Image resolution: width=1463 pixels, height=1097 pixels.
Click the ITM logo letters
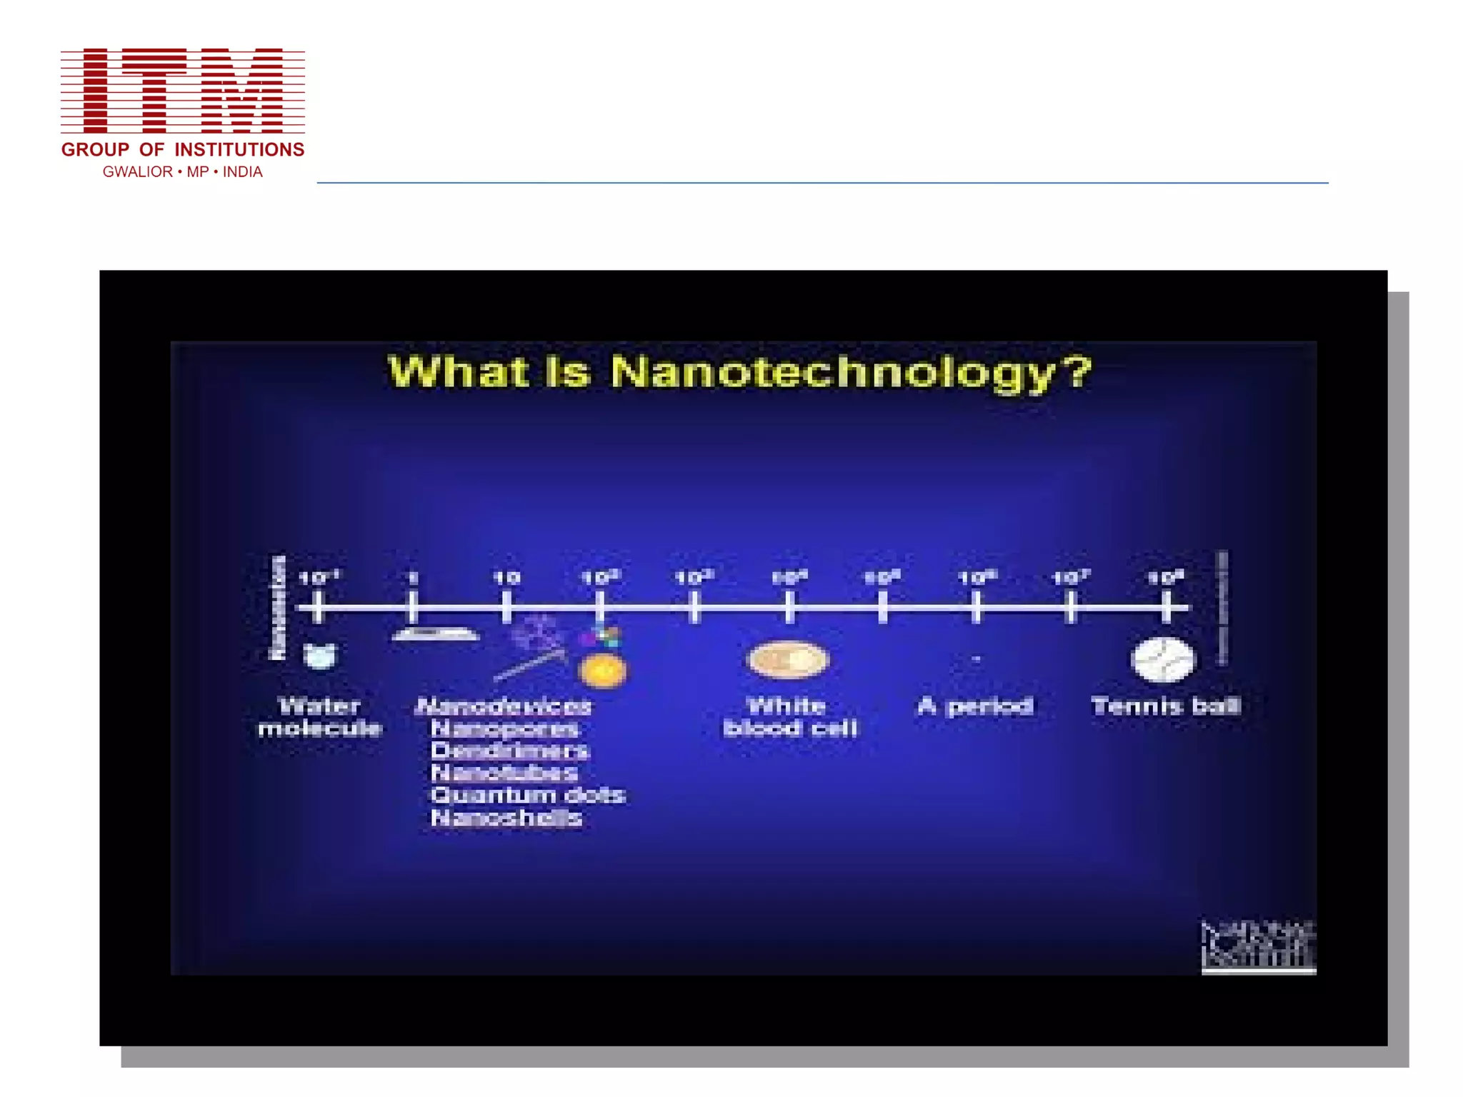pyautogui.click(x=183, y=91)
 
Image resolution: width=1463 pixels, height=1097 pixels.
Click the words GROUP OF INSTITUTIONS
pyautogui.click(x=183, y=150)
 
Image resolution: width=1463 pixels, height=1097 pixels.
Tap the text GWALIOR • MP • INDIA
pyautogui.click(x=183, y=172)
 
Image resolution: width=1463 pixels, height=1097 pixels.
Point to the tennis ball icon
pyautogui.click(x=1163, y=660)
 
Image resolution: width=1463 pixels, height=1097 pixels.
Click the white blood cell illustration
pyautogui.click(x=788, y=658)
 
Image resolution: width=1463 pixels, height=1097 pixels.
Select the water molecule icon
pyautogui.click(x=320, y=655)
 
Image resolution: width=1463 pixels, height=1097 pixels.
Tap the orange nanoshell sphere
pyautogui.click(x=603, y=671)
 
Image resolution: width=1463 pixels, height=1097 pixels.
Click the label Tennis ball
pyautogui.click(x=1166, y=706)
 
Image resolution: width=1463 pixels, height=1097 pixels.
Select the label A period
pyautogui.click(x=975, y=706)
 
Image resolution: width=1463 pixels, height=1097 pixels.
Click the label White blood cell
pyautogui.click(x=789, y=717)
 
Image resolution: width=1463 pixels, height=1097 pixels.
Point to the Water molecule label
pyautogui.click(x=320, y=717)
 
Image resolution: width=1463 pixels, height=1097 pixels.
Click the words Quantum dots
pyautogui.click(x=528, y=795)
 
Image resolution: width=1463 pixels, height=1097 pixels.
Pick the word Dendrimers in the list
pyautogui.click(x=509, y=751)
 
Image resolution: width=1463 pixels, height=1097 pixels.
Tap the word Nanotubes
pyautogui.click(x=504, y=773)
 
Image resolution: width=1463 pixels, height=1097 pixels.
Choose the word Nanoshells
pyautogui.click(x=506, y=818)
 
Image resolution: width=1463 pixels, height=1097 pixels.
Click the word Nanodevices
pyautogui.click(x=504, y=706)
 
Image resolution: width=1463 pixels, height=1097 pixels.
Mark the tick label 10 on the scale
pyautogui.click(x=506, y=577)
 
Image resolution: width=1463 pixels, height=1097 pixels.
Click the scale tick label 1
pyautogui.click(x=413, y=577)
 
